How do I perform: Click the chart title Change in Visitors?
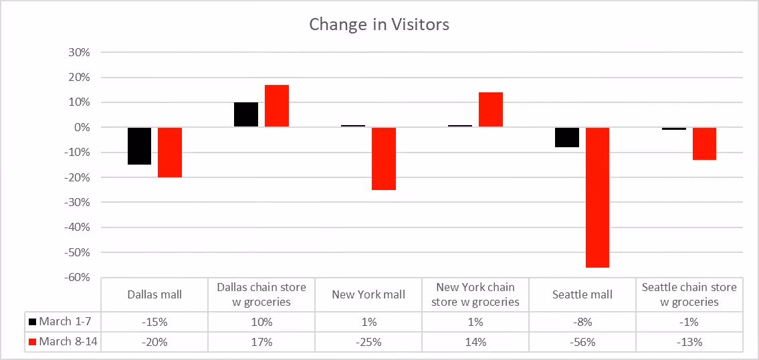click(x=379, y=25)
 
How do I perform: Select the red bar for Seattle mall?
click(x=597, y=197)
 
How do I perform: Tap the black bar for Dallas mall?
click(x=139, y=146)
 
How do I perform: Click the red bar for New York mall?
click(x=384, y=159)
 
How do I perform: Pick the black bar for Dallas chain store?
click(x=246, y=114)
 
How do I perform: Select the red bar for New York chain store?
click(x=490, y=110)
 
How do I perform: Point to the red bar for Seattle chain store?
click(x=704, y=144)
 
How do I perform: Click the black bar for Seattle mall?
click(x=567, y=137)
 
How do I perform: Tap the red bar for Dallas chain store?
click(x=277, y=106)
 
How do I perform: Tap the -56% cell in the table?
click(x=582, y=342)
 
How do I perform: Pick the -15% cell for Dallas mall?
click(x=154, y=322)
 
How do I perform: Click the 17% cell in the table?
click(x=261, y=342)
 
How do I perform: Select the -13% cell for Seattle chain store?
click(x=689, y=342)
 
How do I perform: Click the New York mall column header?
click(x=368, y=294)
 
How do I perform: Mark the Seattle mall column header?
click(x=582, y=294)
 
